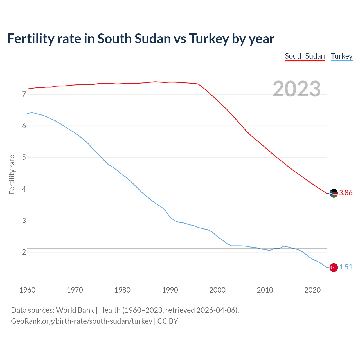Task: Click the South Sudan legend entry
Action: click(x=305, y=56)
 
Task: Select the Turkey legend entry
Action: click(x=341, y=56)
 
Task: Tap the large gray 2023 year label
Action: click(x=297, y=89)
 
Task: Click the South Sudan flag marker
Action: click(x=334, y=193)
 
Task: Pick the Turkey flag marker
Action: click(x=334, y=267)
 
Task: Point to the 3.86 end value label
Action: click(x=346, y=193)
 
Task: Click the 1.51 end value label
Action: click(x=346, y=267)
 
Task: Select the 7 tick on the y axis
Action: click(x=24, y=94)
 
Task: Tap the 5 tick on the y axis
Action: click(x=24, y=157)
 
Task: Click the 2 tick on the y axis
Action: click(x=24, y=252)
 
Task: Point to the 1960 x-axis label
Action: click(x=27, y=290)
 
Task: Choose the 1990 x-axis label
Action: click(x=170, y=290)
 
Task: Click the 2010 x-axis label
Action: click(x=265, y=290)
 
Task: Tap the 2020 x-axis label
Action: click(x=312, y=290)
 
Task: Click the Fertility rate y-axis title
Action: click(x=12, y=174)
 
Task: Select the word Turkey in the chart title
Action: click(x=209, y=39)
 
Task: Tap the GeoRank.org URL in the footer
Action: click(x=82, y=321)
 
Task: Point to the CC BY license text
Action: click(x=168, y=321)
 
